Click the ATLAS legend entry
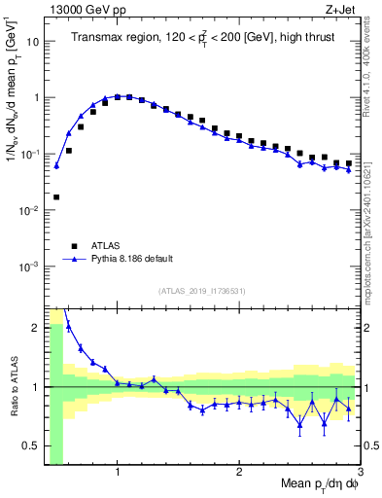tap(107, 246)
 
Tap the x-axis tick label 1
tap(118, 473)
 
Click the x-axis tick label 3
tap(359, 473)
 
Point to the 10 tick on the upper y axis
tap(33, 42)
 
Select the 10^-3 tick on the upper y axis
tap(31, 267)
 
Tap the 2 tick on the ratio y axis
tap(35, 328)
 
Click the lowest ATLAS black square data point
tap(56, 196)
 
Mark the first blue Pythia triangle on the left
tap(56, 165)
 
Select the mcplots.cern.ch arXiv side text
tap(373, 224)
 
